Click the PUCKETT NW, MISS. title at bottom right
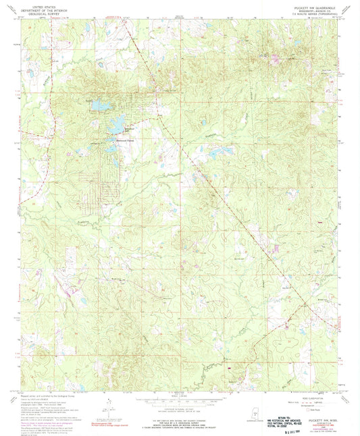(x=321, y=404)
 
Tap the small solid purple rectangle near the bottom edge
(x=230, y=369)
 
